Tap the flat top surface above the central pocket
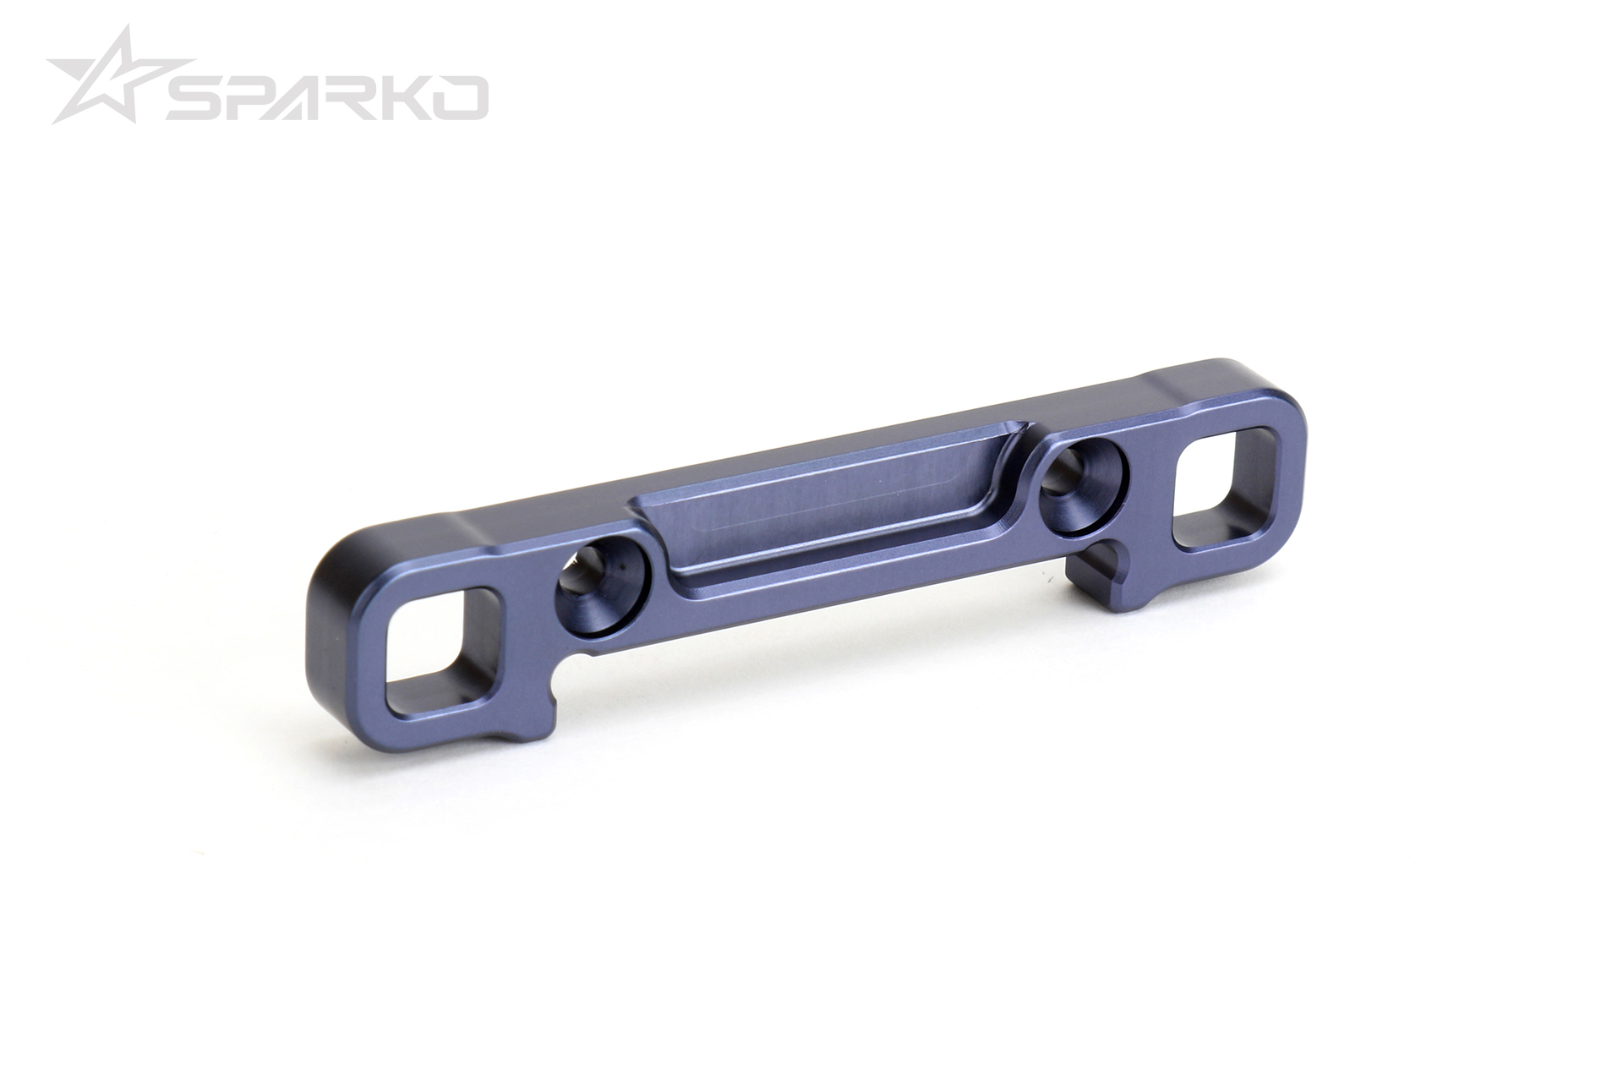[x=761, y=474]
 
